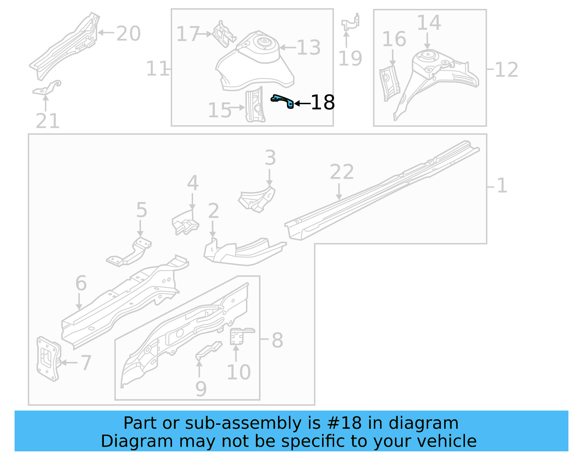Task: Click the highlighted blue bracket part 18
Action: (283, 100)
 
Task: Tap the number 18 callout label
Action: (322, 103)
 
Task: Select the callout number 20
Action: (128, 34)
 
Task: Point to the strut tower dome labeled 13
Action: (255, 62)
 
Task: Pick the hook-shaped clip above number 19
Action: (351, 23)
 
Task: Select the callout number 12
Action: (506, 70)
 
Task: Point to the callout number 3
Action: (270, 158)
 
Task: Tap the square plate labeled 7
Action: (48, 359)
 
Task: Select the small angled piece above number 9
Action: (208, 350)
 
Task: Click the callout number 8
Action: (277, 340)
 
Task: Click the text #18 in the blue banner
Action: (344, 423)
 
